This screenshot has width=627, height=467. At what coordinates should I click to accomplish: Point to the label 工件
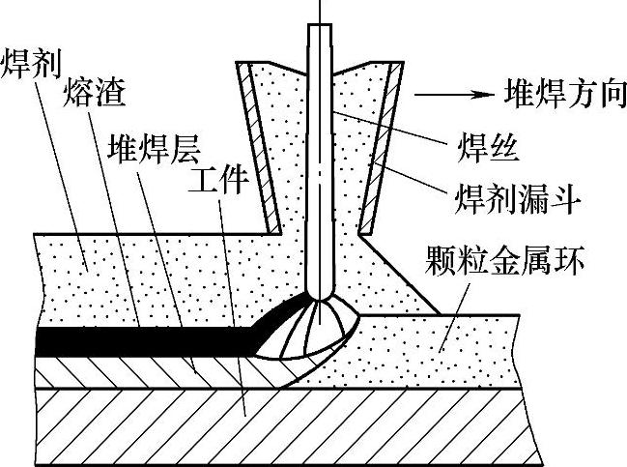click(219, 178)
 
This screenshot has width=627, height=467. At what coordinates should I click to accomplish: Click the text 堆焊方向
click(564, 97)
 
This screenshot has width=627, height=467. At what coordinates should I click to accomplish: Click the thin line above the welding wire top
click(320, 10)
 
